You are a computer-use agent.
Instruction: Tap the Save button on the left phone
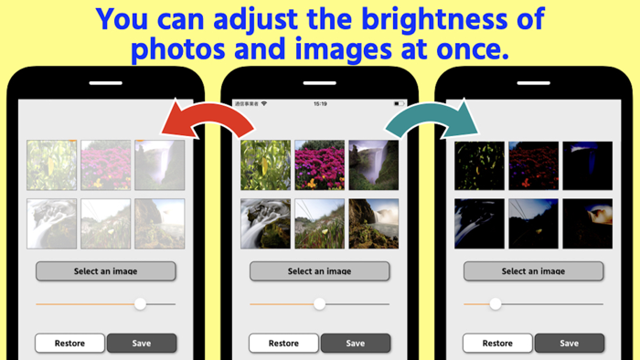coord(142,344)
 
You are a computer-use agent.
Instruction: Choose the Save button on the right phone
coord(569,344)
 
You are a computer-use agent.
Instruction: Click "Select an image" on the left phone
coord(105,271)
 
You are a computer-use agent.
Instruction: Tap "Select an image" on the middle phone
coord(319,271)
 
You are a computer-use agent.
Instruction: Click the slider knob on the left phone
coord(140,303)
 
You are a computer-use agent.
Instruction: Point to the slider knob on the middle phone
coord(320,303)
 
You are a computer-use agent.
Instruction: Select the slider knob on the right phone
coord(496,303)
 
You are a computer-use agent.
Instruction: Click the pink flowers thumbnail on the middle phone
coord(319,164)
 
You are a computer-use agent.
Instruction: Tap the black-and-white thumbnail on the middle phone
coord(265,224)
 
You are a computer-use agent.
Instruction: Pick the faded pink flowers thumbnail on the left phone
coord(105,164)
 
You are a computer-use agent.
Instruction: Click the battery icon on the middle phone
coord(399,103)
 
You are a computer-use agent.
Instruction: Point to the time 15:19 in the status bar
coord(319,103)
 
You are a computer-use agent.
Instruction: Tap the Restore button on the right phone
coord(497,344)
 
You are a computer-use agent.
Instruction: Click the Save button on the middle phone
coord(356,344)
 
